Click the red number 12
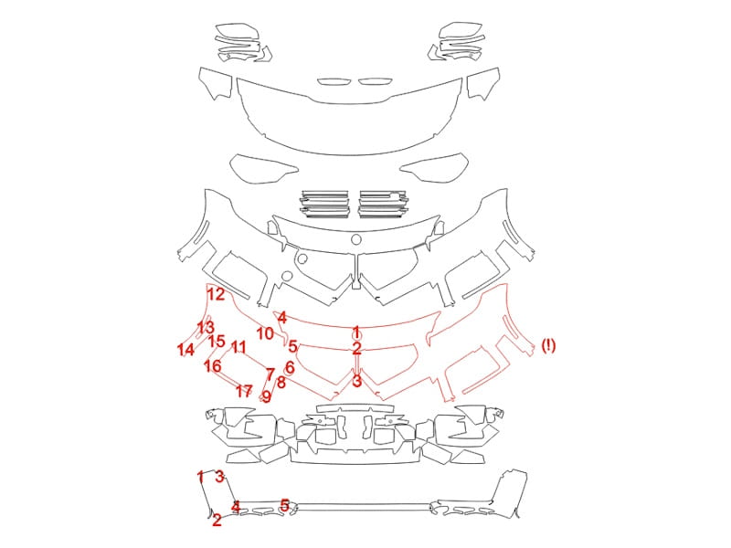216,294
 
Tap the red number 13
206,327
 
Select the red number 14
185,349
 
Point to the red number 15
217,341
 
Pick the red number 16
213,366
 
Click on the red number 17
244,391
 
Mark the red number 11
238,347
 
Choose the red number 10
265,333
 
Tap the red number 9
266,396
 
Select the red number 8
281,383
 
